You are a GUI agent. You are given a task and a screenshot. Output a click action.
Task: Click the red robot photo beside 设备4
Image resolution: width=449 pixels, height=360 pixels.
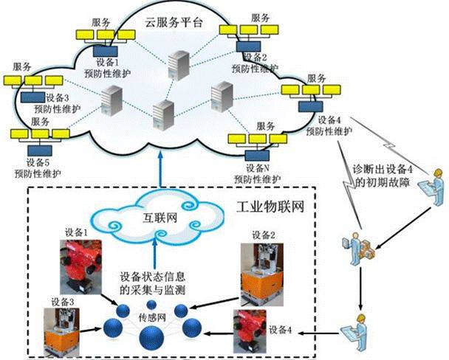coord(250,330)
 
